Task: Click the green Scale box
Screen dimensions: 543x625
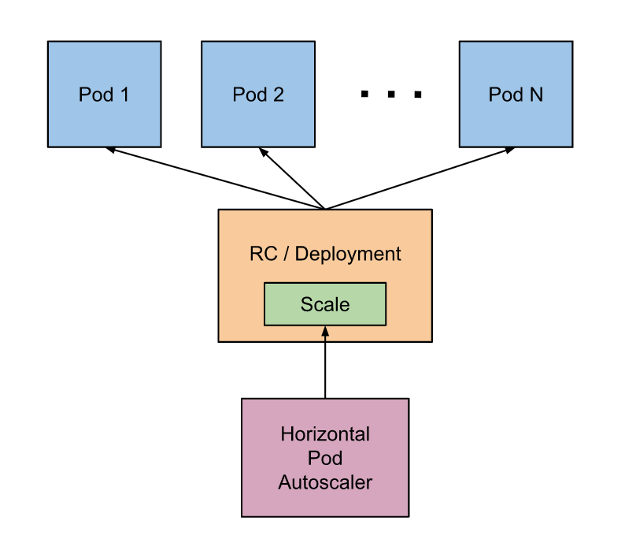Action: pos(324,304)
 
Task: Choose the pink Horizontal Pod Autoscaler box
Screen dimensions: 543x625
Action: pos(324,457)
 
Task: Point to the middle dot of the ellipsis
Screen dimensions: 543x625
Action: pos(391,95)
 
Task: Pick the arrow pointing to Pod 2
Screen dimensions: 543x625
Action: pos(293,179)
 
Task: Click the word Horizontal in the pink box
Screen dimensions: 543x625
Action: pos(325,434)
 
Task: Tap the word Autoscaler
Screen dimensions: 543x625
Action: pos(325,482)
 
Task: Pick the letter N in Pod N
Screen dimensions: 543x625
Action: pos(535,95)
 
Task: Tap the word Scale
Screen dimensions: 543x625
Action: pos(324,304)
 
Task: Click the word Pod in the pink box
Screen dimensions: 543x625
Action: pos(325,458)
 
